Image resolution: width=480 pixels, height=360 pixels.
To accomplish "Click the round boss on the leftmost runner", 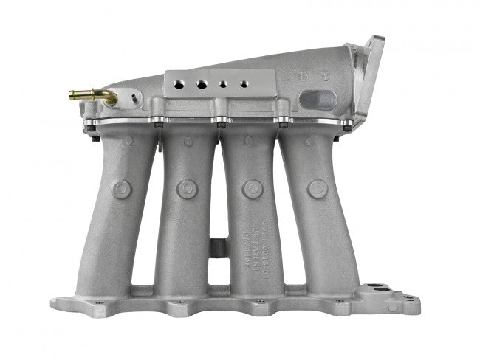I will (x=122, y=189).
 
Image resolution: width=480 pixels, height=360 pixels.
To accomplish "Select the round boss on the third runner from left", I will (x=253, y=189).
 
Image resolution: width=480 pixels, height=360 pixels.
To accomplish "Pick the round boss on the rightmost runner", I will (x=318, y=189).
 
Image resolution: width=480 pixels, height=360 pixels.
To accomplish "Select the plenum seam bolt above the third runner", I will (x=220, y=120).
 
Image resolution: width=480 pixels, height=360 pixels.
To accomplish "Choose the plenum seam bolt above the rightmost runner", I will (x=282, y=120).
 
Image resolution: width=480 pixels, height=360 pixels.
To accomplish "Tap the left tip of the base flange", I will (x=55, y=303).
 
